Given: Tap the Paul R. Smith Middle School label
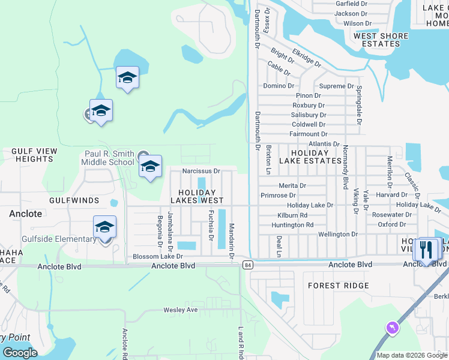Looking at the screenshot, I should [x=109, y=158].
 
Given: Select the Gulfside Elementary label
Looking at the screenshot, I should [x=59, y=239].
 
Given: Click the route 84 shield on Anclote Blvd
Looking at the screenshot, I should [x=247, y=265].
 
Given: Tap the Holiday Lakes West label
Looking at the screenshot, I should [x=197, y=196].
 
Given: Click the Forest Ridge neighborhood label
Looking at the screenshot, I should [x=338, y=286].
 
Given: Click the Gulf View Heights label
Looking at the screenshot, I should [x=34, y=155].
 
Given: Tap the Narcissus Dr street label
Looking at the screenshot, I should [x=202, y=171].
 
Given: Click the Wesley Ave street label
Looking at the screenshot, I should [x=181, y=310].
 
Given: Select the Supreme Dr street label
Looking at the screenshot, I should [x=336, y=86].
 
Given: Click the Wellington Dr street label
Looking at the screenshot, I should [x=338, y=235].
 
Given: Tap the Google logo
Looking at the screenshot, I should [x=20, y=353].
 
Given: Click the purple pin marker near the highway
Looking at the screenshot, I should [x=392, y=328].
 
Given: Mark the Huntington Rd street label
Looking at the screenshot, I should [x=292, y=225].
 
